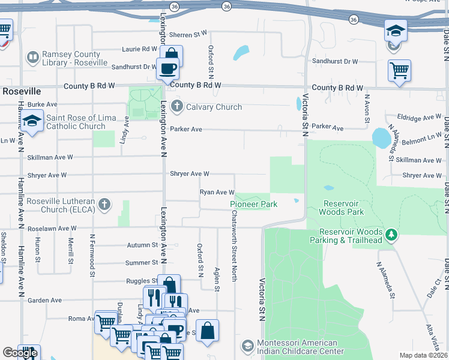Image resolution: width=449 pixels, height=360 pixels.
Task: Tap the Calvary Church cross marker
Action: [x=176, y=107]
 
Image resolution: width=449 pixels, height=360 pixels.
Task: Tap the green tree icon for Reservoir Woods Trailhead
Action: [x=391, y=233]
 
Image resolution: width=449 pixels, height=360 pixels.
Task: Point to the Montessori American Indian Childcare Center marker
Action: [x=247, y=346]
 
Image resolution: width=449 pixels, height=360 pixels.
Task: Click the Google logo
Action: [x=20, y=352]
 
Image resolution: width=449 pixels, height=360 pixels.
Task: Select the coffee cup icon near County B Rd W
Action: [x=167, y=68]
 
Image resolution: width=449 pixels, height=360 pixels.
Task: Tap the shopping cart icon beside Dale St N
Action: [x=399, y=70]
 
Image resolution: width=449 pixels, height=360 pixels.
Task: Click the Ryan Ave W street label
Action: [x=217, y=192]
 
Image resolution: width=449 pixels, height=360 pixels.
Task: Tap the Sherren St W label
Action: [x=188, y=34]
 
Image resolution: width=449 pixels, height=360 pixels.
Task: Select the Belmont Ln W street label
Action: [x=417, y=137]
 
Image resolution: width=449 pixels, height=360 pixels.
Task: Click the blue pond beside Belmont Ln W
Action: [x=381, y=138]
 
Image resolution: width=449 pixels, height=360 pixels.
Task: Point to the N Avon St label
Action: [x=367, y=110]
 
